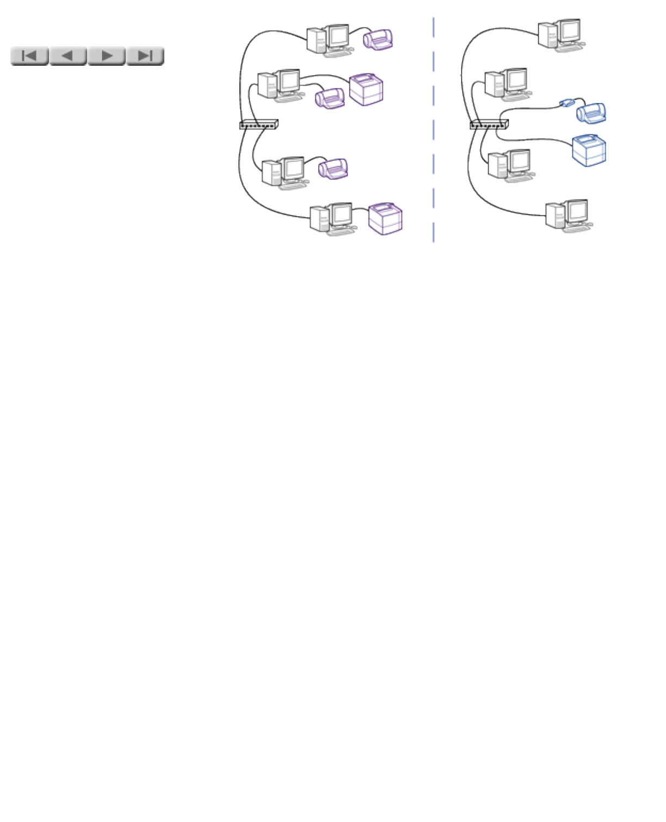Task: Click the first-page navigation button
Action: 29,56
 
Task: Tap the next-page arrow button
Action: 107,56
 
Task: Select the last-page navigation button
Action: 145,56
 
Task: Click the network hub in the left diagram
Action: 259,124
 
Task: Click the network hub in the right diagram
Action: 489,124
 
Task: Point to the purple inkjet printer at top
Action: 378,39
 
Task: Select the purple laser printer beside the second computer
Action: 366,89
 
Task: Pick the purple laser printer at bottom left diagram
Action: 385,218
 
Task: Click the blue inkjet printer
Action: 591,113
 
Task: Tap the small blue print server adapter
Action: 567,102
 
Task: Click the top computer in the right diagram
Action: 561,35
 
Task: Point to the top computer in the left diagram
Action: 329,40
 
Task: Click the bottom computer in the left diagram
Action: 332,219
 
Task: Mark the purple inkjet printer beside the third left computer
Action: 334,169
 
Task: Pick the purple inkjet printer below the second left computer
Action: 330,98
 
